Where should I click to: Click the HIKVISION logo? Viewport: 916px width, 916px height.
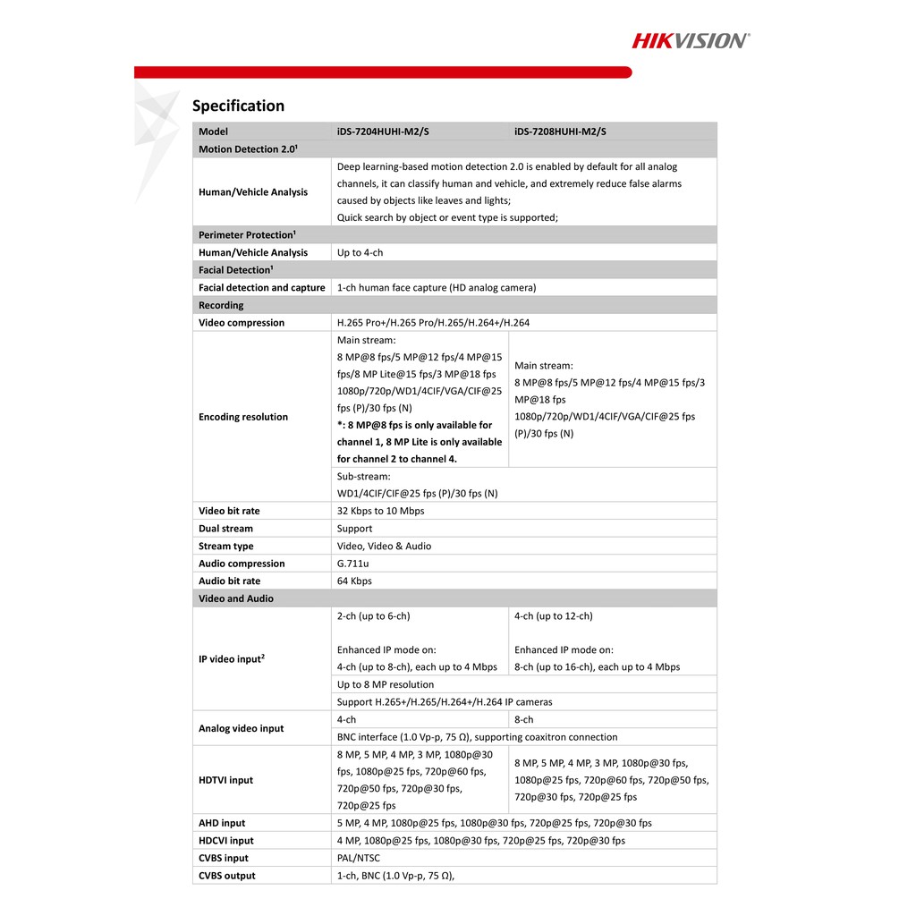point(691,40)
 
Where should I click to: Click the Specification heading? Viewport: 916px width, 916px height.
point(238,106)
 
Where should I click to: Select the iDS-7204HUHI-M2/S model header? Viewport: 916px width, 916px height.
point(383,131)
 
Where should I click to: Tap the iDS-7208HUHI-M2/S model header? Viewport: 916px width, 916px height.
point(560,131)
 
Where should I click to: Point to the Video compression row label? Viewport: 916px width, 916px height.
point(242,323)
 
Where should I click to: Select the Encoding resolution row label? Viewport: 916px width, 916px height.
point(243,417)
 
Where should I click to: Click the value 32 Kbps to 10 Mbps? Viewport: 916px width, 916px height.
point(381,511)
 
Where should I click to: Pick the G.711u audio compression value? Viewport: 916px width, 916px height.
point(353,564)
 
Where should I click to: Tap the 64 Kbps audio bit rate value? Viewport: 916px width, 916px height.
point(354,581)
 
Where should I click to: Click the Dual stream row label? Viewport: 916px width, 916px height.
point(225,529)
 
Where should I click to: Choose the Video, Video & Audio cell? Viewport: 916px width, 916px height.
point(384,547)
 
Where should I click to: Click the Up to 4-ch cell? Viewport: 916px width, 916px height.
point(360,253)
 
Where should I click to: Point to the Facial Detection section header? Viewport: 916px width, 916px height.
point(235,270)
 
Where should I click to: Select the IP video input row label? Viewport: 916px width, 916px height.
point(231,659)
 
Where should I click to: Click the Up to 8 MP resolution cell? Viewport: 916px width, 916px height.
point(386,684)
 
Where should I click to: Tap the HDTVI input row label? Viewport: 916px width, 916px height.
point(225,780)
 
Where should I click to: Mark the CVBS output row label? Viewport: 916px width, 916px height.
point(226,876)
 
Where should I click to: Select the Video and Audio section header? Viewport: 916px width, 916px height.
point(236,599)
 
